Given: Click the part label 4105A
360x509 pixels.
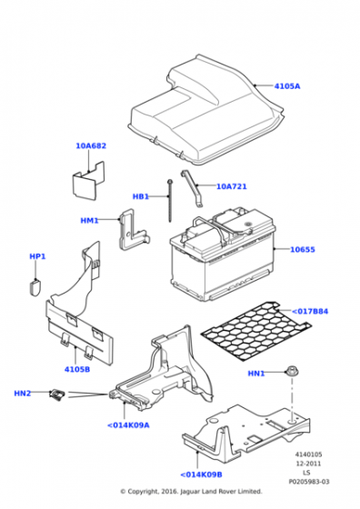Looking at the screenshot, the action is click(x=287, y=86).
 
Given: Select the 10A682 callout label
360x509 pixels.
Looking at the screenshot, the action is click(x=91, y=145).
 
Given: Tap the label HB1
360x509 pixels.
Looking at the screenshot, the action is click(x=141, y=196).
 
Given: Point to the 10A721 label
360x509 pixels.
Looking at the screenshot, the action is click(x=232, y=186).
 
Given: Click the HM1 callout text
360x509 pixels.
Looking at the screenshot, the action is click(x=89, y=220).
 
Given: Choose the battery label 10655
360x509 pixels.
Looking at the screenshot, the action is click(x=302, y=249).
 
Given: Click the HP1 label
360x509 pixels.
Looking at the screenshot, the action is click(x=37, y=256).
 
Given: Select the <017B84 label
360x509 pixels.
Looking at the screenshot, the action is click(x=310, y=311).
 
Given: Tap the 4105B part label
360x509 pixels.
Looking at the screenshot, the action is click(x=77, y=369).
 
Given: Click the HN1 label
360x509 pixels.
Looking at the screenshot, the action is click(x=256, y=374).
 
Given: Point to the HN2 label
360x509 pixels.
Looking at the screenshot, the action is click(x=23, y=394).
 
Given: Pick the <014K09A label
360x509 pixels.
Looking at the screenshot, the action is click(x=128, y=425).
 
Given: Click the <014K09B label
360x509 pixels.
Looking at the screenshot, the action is click(x=201, y=474).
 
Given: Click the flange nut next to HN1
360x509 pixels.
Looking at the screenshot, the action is click(x=292, y=372).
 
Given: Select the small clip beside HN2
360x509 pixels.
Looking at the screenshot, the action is click(x=57, y=394).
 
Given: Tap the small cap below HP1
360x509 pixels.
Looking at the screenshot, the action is click(x=35, y=287).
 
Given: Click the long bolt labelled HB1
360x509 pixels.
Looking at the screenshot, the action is click(x=169, y=201).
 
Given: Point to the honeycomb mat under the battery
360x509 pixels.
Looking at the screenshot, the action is click(x=256, y=331).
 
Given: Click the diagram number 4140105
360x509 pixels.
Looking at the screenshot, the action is click(x=308, y=454).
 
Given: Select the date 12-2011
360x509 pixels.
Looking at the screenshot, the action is click(x=308, y=464).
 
